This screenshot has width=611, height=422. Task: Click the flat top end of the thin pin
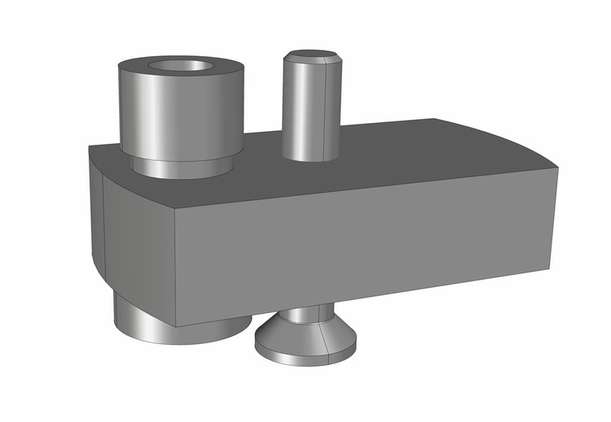tap(312, 55)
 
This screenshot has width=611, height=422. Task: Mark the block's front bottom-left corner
tap(176, 326)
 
